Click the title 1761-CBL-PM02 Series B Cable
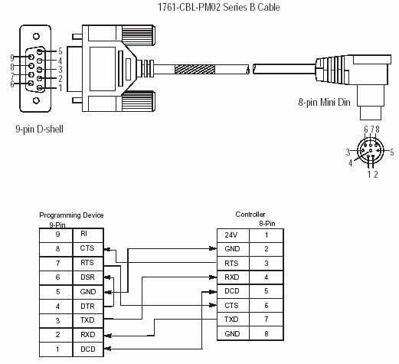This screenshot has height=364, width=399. tap(219, 7)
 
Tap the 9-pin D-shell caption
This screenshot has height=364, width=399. tap(39, 129)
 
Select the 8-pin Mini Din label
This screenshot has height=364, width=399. tap(324, 102)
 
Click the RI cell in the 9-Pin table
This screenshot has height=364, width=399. tap(88, 235)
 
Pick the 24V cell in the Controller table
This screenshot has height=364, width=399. tap(233, 235)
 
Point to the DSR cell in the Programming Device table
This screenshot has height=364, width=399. tap(88, 277)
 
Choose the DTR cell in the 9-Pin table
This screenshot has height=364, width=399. tap(88, 306)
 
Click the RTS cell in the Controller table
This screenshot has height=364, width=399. tap(233, 264)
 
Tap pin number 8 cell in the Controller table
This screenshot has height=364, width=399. tap(267, 333)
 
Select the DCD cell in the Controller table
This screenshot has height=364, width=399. tap(233, 291)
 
